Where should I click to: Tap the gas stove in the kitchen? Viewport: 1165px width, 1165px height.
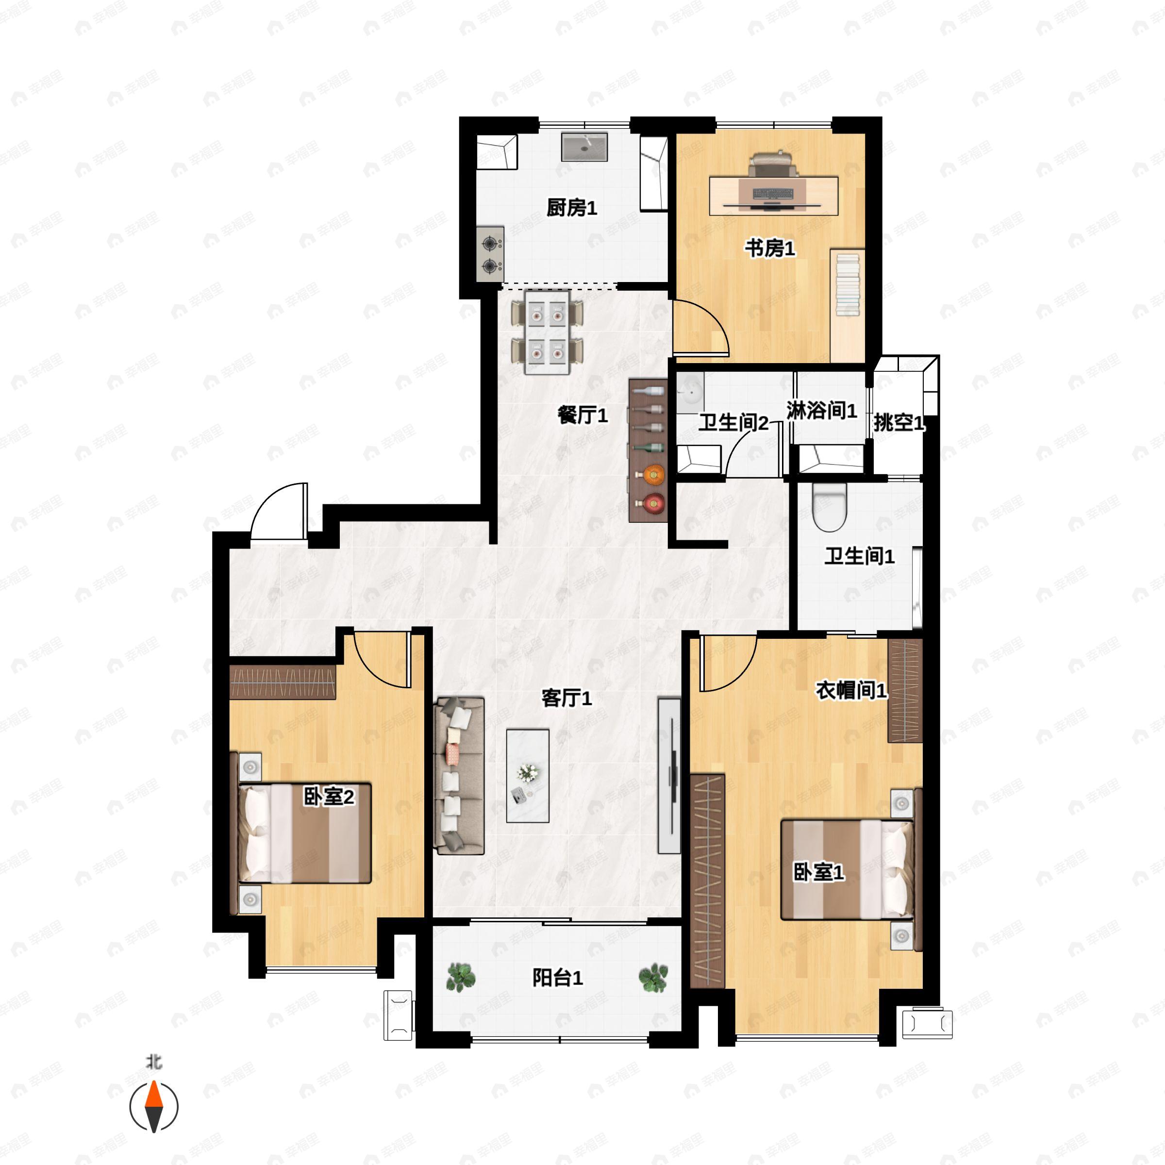point(490,253)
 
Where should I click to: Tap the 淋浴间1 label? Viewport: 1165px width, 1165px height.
point(821,411)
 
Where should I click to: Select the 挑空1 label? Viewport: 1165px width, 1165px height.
point(899,423)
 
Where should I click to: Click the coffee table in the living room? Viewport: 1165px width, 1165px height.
point(528,776)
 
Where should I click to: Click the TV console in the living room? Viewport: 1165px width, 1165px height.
point(669,776)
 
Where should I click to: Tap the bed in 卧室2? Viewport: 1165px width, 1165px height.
point(300,833)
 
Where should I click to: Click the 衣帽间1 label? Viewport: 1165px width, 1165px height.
point(851,690)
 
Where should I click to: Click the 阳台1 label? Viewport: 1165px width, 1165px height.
point(557,978)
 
